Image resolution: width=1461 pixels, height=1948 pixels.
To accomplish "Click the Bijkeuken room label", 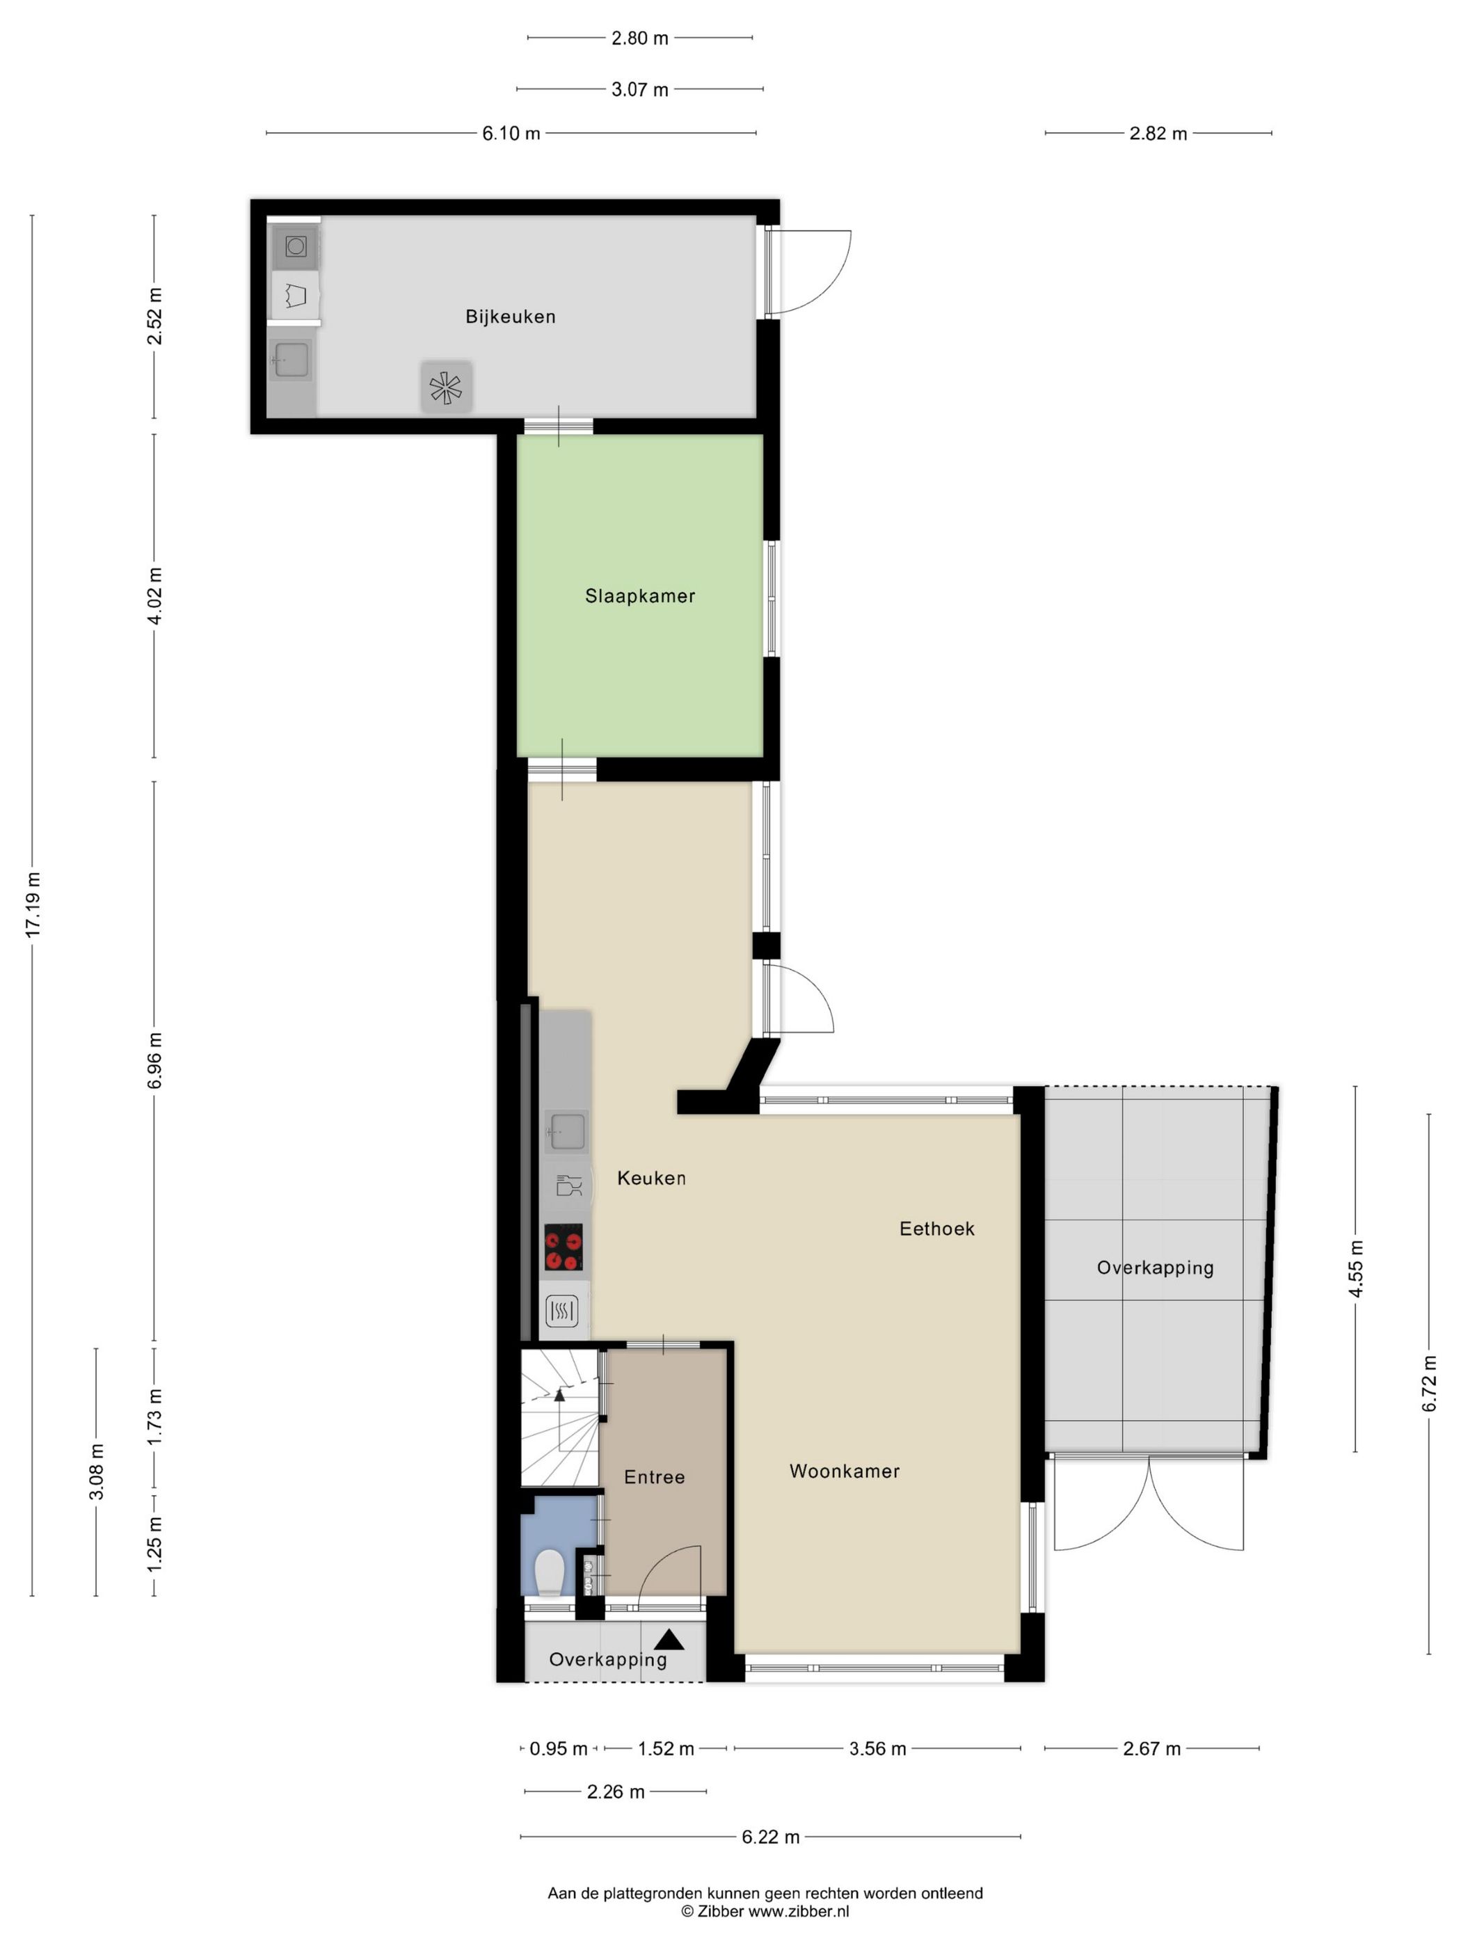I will (510, 316).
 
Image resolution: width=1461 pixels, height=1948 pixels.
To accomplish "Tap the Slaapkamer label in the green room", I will (640, 596).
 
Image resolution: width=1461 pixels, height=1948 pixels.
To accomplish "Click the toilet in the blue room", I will (550, 1573).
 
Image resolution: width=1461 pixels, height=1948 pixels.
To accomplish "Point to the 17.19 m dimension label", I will (33, 904).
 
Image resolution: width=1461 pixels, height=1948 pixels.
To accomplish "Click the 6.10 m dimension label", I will (511, 134).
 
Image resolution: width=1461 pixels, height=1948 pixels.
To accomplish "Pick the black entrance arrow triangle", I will (669, 1639).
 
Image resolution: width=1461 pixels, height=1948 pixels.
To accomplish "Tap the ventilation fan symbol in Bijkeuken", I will (446, 387).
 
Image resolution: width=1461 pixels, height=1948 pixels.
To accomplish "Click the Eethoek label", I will (936, 1229).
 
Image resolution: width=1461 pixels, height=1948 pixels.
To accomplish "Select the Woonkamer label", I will (844, 1471).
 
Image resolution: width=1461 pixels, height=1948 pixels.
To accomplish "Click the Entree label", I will (655, 1477).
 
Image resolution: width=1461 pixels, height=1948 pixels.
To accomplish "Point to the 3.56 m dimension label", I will (877, 1749).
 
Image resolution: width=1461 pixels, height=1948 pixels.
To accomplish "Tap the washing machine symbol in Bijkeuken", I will (296, 246).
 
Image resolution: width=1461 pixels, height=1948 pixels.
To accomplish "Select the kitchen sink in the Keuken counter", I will (566, 1130).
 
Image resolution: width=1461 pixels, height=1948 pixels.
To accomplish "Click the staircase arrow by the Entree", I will (559, 1394).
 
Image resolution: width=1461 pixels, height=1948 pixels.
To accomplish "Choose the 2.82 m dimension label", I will (1157, 134).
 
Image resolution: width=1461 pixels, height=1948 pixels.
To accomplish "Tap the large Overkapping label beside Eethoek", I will (1154, 1268).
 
